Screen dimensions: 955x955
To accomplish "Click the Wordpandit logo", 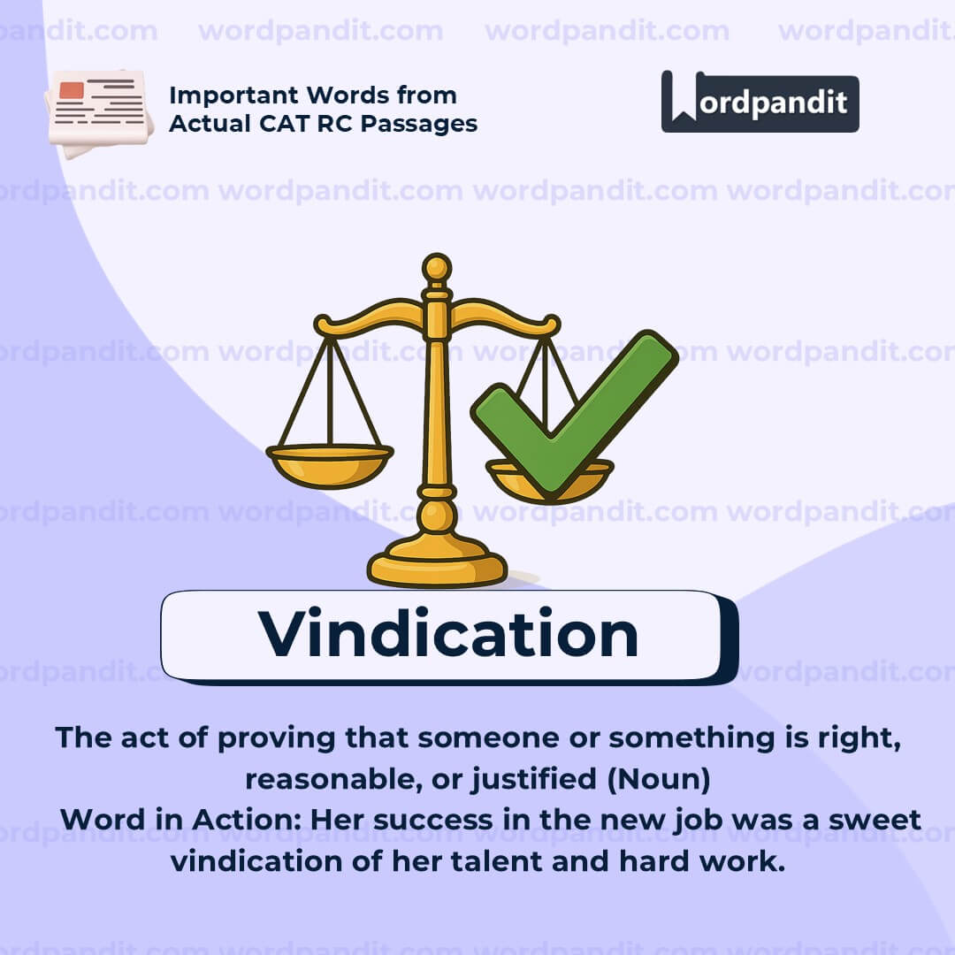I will tap(760, 102).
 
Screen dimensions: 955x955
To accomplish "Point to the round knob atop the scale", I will tap(436, 267).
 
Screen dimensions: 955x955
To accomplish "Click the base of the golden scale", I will tap(437, 566).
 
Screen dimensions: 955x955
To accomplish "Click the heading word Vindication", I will tap(448, 634).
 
